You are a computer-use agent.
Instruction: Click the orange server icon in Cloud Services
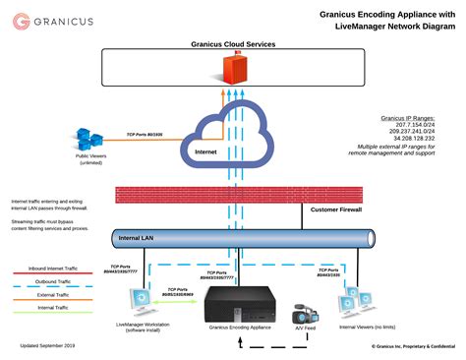234,68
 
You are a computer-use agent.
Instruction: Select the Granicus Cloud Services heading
233,44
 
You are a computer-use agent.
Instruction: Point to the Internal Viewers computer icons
350,306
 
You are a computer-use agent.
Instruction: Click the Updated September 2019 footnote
48,346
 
